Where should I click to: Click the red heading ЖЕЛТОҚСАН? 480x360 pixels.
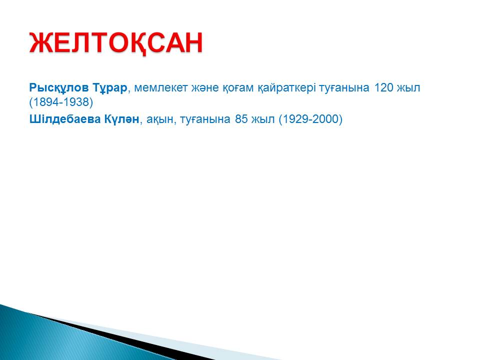pyautogui.click(x=115, y=43)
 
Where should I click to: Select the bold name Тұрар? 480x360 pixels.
pyautogui.click(x=109, y=88)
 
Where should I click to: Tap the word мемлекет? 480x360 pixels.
pyautogui.click(x=160, y=88)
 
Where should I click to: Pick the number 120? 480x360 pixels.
pyautogui.click(x=384, y=88)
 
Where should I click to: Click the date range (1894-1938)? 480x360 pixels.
pyautogui.click(x=61, y=102)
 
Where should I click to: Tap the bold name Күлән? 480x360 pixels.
pyautogui.click(x=122, y=119)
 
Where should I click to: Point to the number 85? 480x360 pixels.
pyautogui.click(x=241, y=119)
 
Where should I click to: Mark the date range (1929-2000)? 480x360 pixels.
pyautogui.click(x=310, y=119)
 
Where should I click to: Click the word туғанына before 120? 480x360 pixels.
pyautogui.click(x=344, y=88)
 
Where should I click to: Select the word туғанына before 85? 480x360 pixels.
pyautogui.click(x=205, y=119)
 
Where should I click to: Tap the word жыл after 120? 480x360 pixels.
pyautogui.click(x=408, y=88)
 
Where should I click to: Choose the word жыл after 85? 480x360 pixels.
pyautogui.click(x=263, y=119)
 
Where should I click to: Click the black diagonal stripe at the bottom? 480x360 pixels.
pyautogui.click(x=122, y=336)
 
